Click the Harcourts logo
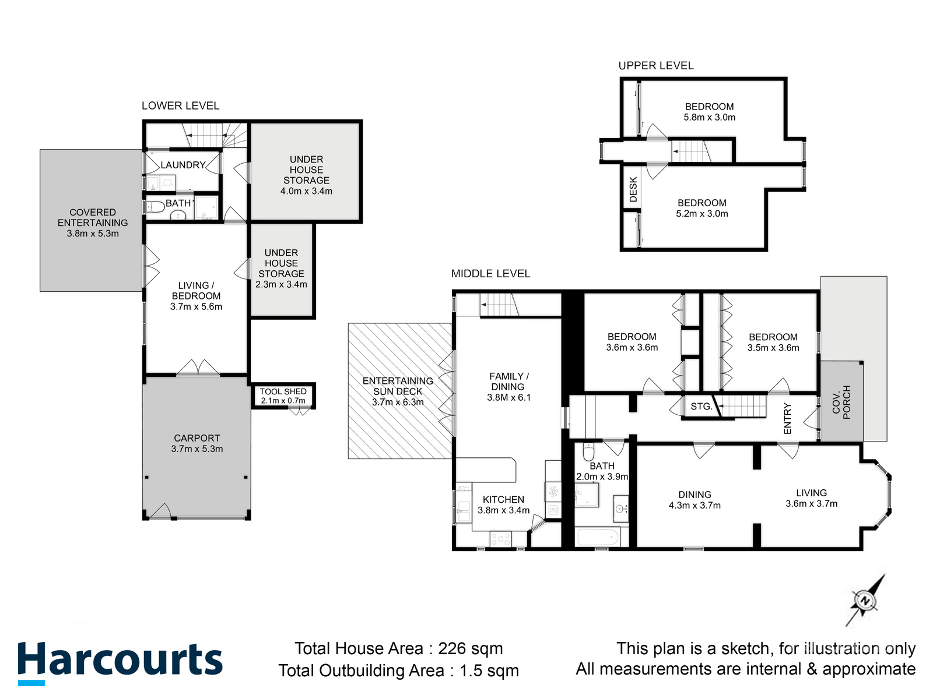(x=120, y=662)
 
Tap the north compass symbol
(x=865, y=601)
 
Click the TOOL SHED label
(x=283, y=392)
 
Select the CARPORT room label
(x=197, y=438)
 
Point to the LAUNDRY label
(x=183, y=165)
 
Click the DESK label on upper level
(x=633, y=190)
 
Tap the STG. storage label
(x=701, y=407)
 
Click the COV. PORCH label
(x=841, y=402)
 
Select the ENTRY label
(x=787, y=418)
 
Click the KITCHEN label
(x=503, y=500)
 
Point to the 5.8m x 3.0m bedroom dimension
(x=709, y=117)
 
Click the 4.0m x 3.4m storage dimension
(x=306, y=191)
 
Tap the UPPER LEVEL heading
(x=656, y=66)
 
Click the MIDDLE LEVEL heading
(x=490, y=274)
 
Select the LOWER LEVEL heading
(x=180, y=105)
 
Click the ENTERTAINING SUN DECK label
(x=398, y=386)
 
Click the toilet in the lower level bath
(x=155, y=207)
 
